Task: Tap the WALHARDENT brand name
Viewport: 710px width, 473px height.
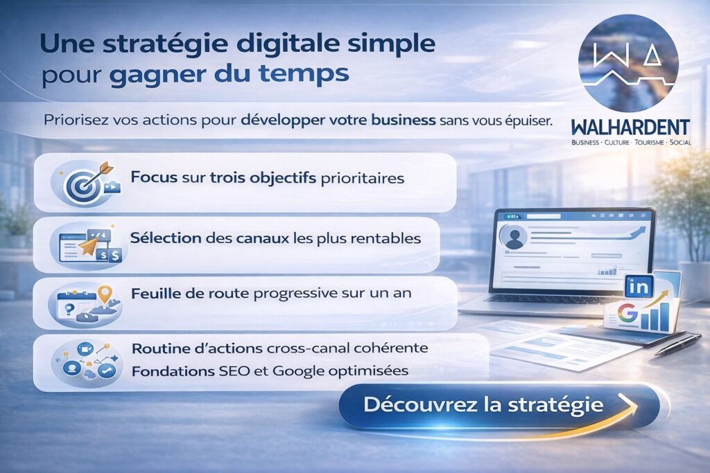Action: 630,127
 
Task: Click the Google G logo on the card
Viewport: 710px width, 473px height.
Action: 627,315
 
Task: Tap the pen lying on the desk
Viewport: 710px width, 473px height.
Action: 677,344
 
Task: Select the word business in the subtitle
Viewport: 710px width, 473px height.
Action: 403,121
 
